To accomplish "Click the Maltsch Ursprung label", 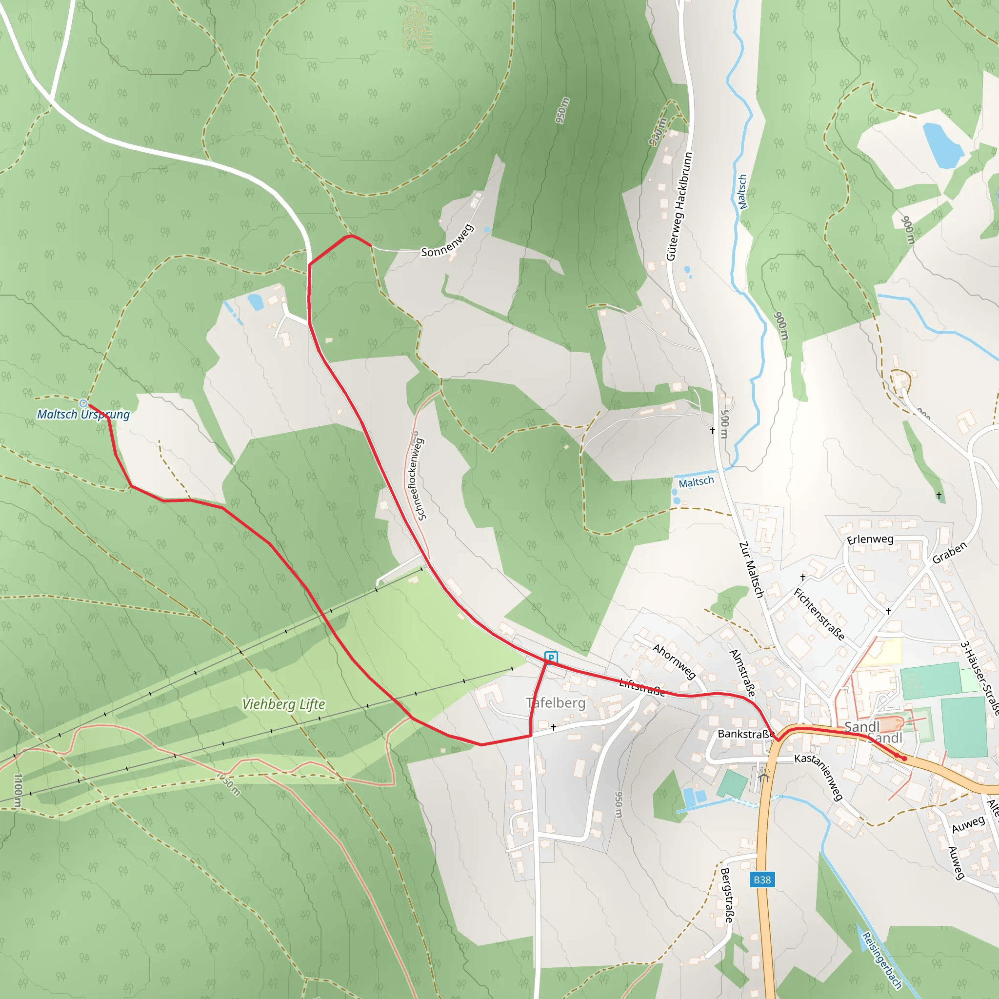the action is [x=83, y=414].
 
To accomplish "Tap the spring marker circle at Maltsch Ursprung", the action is [x=84, y=403].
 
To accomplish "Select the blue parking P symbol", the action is [x=551, y=658].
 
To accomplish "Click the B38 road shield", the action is [x=762, y=879].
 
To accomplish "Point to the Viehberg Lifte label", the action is [x=283, y=704].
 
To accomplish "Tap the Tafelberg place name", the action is [x=556, y=703].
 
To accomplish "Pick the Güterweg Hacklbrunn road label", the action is [x=679, y=206].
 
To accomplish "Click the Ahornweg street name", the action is [x=674, y=662].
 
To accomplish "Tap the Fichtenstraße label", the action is [x=819, y=614].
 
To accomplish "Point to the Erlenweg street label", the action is [x=870, y=539].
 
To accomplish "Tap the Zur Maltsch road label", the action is [x=751, y=570].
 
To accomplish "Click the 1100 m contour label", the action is [x=18, y=791].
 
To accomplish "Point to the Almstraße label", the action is [x=742, y=672].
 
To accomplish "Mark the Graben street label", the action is [x=949, y=553].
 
